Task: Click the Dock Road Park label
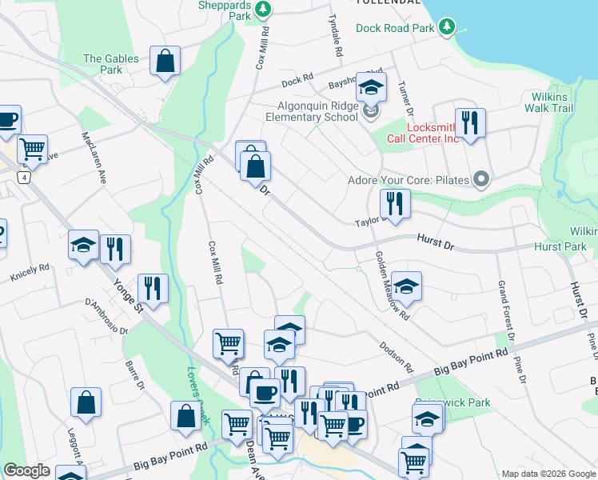point(395,28)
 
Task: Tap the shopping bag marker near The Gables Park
point(165,62)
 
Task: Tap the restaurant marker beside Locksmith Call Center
point(470,123)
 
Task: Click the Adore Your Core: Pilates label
point(408,180)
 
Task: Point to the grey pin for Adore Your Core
point(480,179)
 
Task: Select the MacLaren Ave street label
point(93,158)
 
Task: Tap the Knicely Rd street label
point(30,273)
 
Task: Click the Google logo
point(26,470)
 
